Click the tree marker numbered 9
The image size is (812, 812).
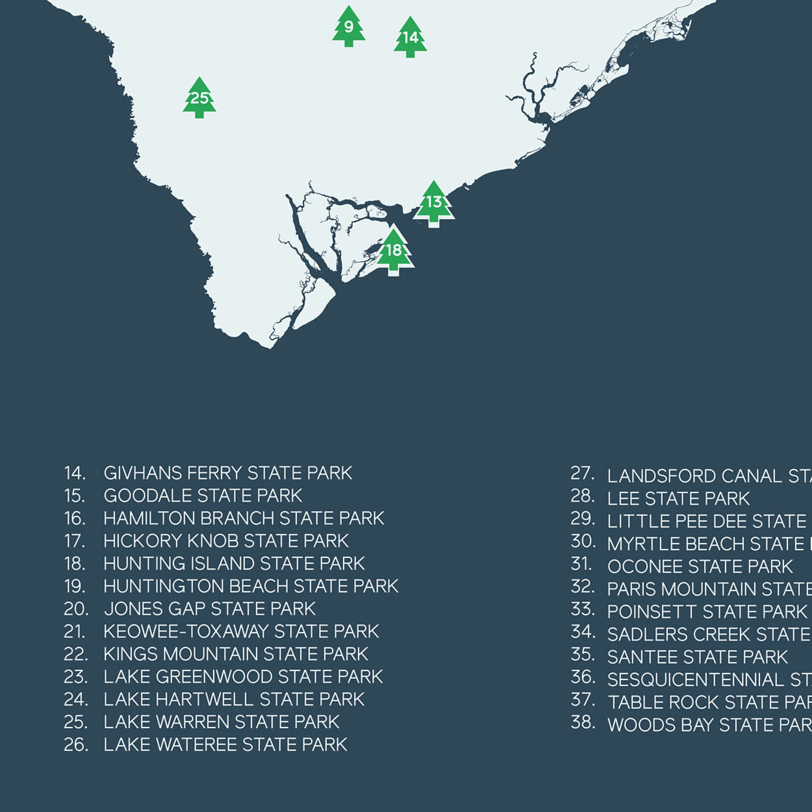(349, 27)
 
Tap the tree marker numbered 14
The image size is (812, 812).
(410, 37)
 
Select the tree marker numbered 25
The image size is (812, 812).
(199, 98)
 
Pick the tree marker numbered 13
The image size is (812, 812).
(434, 203)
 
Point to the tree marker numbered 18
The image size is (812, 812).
(394, 251)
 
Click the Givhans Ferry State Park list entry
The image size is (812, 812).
(228, 473)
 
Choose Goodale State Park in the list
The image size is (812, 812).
(202, 495)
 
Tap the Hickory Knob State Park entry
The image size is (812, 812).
(225, 541)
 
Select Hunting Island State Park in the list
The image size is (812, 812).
(234, 563)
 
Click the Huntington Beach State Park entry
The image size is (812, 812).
(251, 586)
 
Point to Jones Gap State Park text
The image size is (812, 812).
(210, 609)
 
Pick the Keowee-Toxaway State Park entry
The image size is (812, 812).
(241, 631)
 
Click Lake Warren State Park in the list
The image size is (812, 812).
(221, 722)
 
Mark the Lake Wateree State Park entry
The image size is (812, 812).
(225, 745)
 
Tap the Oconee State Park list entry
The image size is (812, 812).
(700, 567)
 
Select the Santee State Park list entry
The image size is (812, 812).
(697, 657)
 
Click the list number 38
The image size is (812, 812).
(582, 723)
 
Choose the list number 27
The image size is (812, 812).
(582, 473)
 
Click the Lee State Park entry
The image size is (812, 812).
(678, 499)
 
